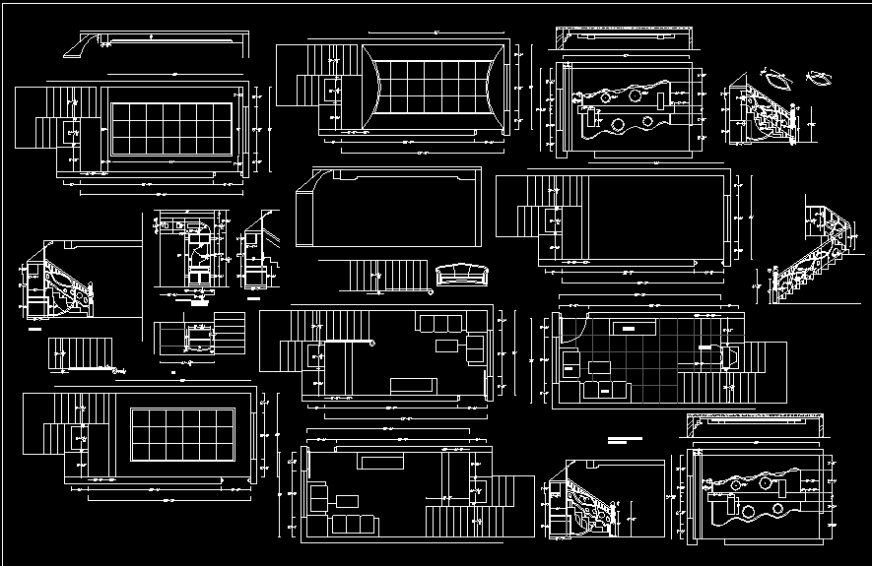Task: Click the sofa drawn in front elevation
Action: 460,273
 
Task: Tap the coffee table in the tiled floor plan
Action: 598,368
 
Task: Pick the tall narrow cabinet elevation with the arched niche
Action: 191,252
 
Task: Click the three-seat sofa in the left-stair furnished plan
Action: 435,324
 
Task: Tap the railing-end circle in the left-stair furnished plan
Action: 373,343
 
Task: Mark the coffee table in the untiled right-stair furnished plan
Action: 347,500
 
